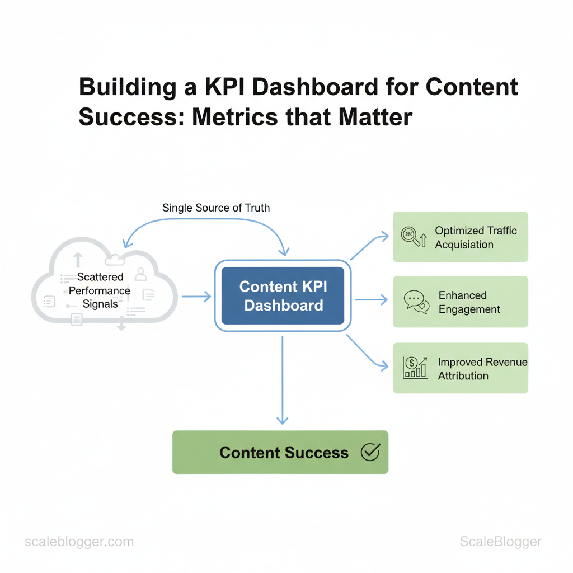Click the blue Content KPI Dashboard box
(283, 295)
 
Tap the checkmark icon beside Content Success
(370, 452)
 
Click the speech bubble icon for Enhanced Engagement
(416, 302)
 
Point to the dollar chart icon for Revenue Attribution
(415, 368)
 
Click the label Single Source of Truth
(216, 208)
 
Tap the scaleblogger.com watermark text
(79, 541)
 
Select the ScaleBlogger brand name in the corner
(501, 541)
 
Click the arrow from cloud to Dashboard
(196, 297)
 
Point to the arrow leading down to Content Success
(283, 380)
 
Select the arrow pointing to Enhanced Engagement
(372, 300)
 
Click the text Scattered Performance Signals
(100, 290)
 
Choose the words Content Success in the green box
(284, 452)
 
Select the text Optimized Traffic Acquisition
(476, 237)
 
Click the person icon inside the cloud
(140, 274)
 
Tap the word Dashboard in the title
(315, 87)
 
